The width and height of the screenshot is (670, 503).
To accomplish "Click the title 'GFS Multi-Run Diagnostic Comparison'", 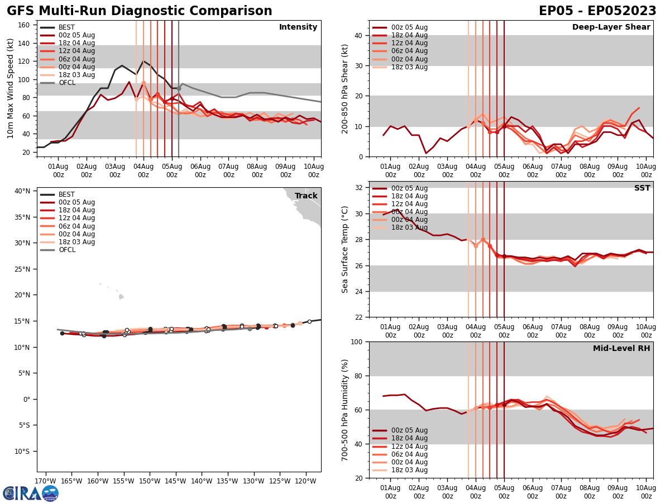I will [140, 11].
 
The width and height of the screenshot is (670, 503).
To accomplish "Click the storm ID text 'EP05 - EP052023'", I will [597, 11].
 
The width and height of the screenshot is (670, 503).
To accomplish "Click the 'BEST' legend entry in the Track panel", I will [66, 194].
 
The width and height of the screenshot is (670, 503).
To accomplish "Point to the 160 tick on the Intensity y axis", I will [26, 25].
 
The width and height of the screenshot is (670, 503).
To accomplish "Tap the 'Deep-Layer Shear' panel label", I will [611, 27].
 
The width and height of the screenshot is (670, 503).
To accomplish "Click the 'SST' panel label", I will [642, 188].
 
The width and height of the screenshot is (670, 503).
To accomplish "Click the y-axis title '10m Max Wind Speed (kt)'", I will [11, 88].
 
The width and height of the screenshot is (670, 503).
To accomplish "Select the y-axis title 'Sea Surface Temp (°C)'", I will [345, 249].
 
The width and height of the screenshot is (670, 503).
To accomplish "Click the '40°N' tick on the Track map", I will [22, 191].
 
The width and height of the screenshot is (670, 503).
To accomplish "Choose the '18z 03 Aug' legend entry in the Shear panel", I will [409, 67].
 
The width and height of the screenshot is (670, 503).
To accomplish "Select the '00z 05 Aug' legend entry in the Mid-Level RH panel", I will [409, 430].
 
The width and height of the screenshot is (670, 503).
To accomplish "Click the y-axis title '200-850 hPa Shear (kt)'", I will [345, 88].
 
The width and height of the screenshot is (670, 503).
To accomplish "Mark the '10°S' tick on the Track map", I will [22, 452].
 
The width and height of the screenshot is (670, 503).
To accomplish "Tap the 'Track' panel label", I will [306, 196].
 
